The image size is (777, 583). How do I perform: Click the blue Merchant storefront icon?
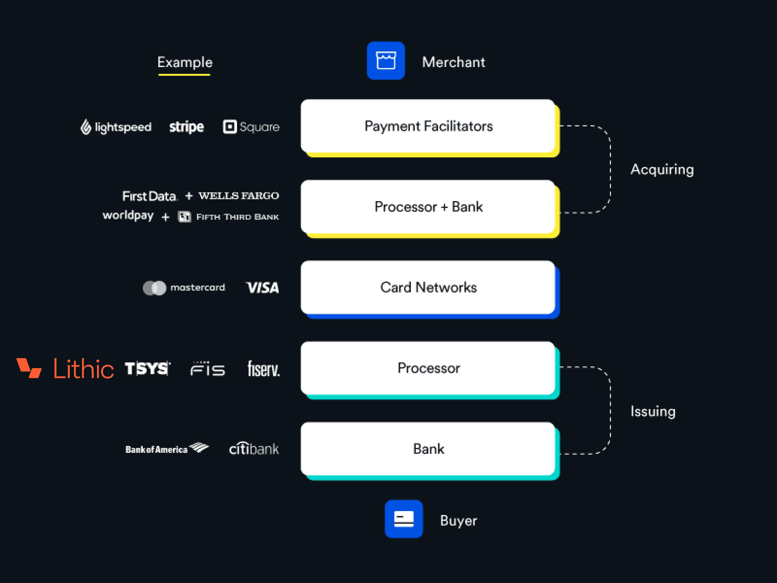386,60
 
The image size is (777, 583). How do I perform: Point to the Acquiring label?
662,169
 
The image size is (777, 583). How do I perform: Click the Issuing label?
653,411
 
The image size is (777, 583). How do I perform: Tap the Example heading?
185,63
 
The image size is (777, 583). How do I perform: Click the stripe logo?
186,127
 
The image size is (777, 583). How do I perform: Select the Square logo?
251,127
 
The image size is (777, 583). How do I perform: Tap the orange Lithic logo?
65,368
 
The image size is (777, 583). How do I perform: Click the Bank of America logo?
167,449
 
